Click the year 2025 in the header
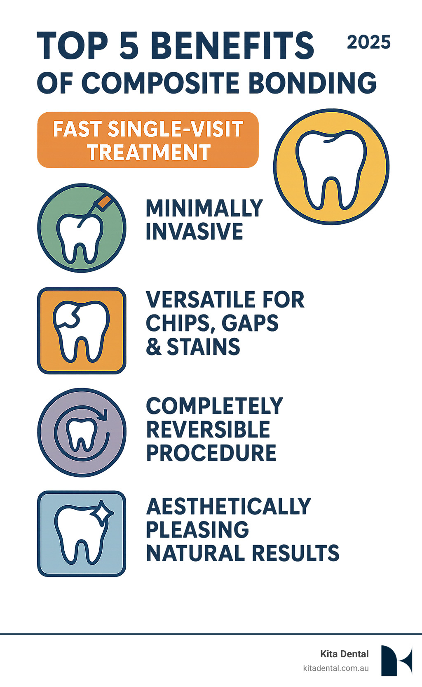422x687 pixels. pos(368,42)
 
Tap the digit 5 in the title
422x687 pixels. pos(129,45)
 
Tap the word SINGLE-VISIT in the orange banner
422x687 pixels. pos(175,129)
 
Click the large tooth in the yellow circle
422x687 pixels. pos(331,169)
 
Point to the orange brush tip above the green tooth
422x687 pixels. pos(104,202)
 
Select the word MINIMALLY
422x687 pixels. pos(204,208)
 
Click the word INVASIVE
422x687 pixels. pos(195,231)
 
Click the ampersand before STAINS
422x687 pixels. pos(154,347)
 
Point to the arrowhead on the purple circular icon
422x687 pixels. pos(103,414)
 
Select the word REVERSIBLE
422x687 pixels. pos(208,430)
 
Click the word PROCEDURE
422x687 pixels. pos(211,453)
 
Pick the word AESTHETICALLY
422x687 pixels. pos(229,506)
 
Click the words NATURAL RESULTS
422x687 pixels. pos(243,553)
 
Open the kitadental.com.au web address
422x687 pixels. pos(335,668)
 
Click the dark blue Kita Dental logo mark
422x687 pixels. pos(396,660)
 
